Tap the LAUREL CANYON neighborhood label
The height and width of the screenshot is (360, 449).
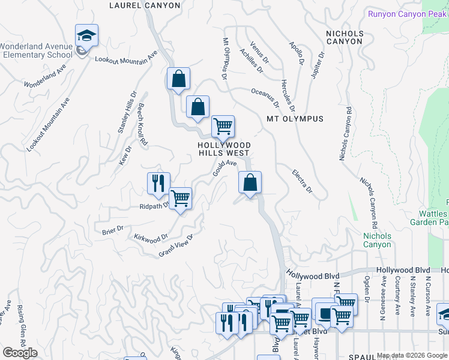point(145,5)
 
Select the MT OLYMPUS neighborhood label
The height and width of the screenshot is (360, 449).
point(295,119)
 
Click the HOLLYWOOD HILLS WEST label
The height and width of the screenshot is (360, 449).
point(225,149)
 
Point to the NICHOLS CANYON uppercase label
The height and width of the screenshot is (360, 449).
point(344,37)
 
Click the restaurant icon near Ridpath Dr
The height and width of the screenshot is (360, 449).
point(158,183)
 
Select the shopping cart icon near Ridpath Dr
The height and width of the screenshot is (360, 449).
point(180,198)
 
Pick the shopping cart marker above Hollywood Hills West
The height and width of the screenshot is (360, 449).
point(223,127)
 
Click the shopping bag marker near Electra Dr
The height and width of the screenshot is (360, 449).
point(250,182)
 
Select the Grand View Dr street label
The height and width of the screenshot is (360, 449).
point(176,246)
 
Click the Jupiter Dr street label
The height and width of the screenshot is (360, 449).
point(318,65)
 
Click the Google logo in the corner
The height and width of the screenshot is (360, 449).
point(20,353)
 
